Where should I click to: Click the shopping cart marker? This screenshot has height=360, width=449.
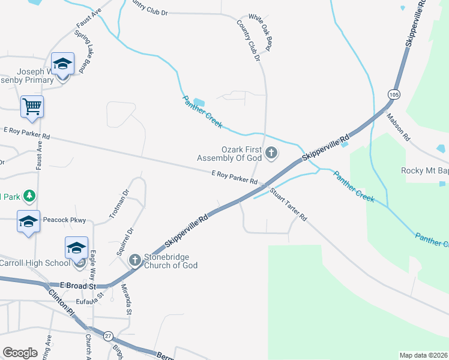click(32, 107)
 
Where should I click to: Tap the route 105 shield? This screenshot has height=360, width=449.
click(394, 95)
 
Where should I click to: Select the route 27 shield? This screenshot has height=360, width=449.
click(108, 336)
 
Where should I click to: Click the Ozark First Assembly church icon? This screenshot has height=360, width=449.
click(271, 152)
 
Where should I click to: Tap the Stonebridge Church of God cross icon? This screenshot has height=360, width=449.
click(134, 259)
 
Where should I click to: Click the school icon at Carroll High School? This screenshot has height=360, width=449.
click(76, 247)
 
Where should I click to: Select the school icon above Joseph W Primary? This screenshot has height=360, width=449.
click(62, 64)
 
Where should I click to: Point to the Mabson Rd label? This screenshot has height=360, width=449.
click(398, 127)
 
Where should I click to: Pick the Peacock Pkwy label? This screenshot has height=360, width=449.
click(67, 221)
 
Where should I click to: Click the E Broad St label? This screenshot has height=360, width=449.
click(78, 286)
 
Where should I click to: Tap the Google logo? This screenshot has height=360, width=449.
click(20, 353)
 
